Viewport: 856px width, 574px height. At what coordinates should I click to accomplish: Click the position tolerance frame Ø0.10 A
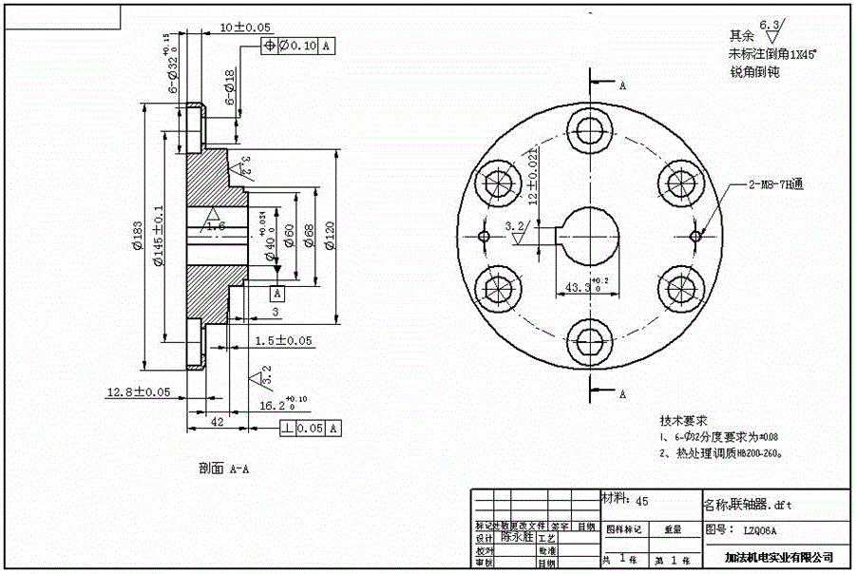point(298,46)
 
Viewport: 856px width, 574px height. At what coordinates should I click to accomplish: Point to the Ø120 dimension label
point(329,232)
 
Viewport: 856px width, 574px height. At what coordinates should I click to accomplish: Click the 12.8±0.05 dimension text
point(139,392)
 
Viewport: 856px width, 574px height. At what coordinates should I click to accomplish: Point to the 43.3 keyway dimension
point(581,286)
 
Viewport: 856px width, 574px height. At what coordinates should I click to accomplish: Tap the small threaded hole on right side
point(695,235)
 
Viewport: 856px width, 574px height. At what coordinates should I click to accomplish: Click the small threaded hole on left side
point(484,236)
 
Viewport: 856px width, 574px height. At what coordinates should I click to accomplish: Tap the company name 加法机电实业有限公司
point(777,556)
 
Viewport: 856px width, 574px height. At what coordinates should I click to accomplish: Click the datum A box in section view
point(276,293)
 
